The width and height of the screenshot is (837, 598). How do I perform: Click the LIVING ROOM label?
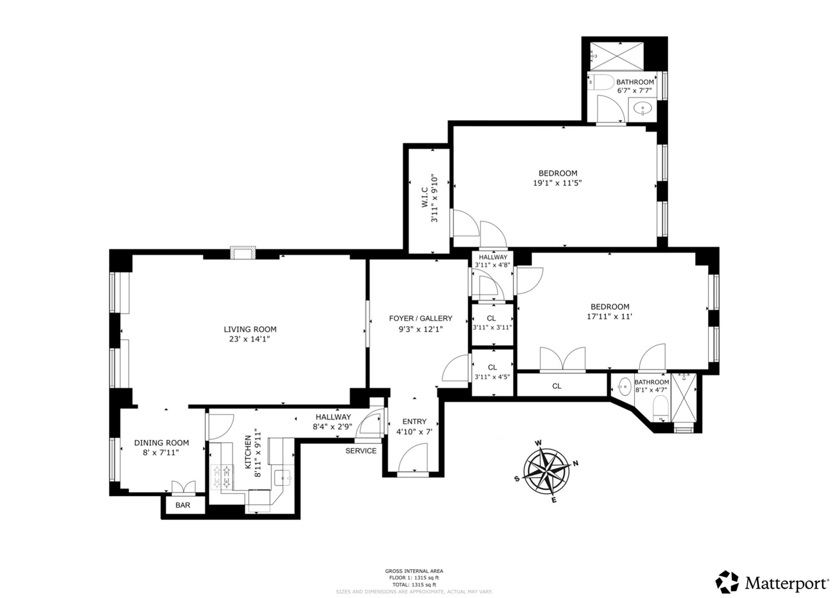pos(250,329)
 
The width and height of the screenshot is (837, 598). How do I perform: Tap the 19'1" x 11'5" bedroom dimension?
pos(557,183)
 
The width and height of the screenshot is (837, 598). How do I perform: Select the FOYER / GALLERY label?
pos(420,318)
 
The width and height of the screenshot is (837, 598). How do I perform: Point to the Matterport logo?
pos(772,582)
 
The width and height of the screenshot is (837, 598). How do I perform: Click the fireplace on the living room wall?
pos(243,253)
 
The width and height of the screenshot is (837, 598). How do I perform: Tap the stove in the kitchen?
pos(222,476)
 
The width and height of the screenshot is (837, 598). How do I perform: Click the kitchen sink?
pos(283,478)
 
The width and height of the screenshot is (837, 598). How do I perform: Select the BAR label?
pos(183,505)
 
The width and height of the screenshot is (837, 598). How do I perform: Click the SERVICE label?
pos(361,451)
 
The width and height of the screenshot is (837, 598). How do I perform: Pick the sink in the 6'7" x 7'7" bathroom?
pos(642,108)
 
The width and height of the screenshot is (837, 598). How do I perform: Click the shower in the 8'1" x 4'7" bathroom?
pos(683,397)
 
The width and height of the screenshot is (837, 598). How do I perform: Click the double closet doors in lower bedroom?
pos(562,359)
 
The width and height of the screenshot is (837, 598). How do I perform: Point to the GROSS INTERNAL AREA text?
pos(414,571)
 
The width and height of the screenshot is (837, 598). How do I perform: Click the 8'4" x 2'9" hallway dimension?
pos(332,427)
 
